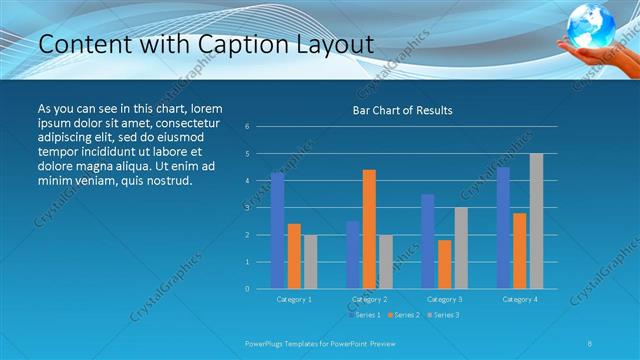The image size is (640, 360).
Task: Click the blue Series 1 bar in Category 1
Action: [277, 231]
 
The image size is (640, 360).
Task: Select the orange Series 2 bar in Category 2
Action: [369, 229]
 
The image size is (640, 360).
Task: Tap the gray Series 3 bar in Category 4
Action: [536, 221]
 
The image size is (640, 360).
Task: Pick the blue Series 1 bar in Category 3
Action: [428, 241]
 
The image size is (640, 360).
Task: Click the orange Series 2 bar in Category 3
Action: [444, 264]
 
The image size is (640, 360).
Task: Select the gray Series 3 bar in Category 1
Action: [310, 262]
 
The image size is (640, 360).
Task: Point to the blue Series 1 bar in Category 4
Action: [503, 228]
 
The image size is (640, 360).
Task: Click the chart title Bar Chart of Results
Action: [403, 110]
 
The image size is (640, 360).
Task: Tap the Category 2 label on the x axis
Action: [369, 299]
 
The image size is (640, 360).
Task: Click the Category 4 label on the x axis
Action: [519, 299]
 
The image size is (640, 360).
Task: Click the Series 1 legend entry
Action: [366, 315]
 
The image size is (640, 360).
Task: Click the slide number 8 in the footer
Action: [590, 343]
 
